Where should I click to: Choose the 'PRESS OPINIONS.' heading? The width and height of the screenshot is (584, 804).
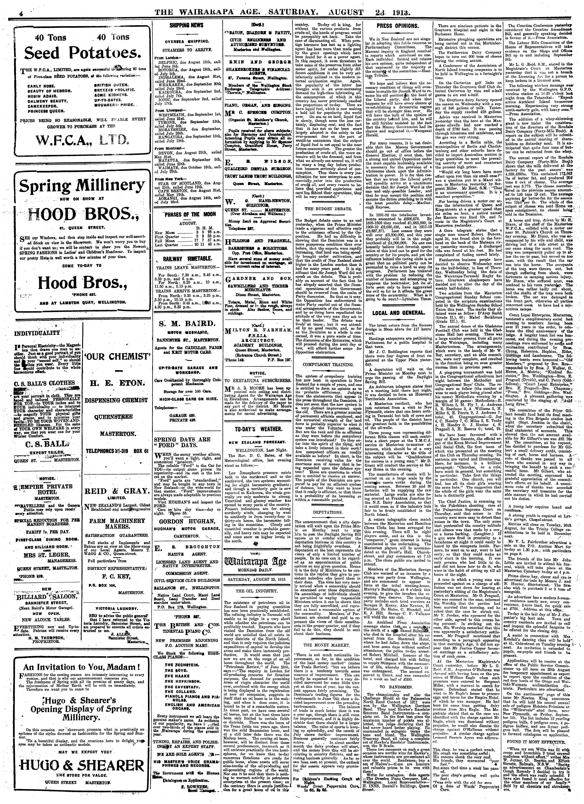click(398, 26)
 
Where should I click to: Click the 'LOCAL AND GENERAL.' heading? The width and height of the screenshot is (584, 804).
click(398, 313)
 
